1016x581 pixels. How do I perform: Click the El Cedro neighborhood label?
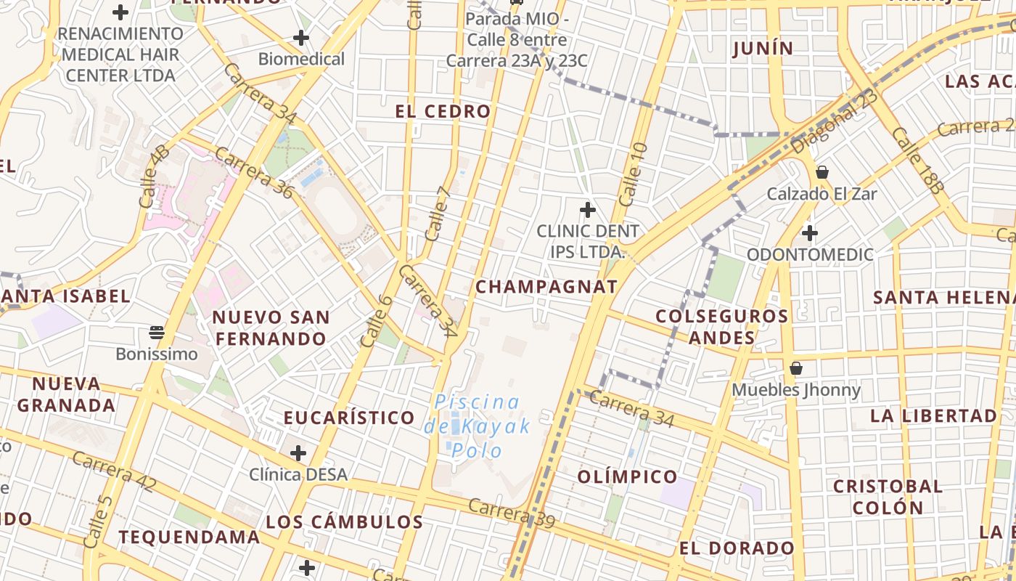pos(443,111)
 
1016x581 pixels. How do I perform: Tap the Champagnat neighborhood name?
pos(546,287)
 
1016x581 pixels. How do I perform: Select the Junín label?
pos(763,49)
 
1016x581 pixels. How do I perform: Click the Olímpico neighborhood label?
pos(628,477)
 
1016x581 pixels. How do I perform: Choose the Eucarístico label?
pos(349,418)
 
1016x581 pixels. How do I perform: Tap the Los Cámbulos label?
pos(344,522)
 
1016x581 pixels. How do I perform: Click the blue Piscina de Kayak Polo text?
pos(478,426)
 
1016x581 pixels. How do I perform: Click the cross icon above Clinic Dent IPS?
pos(588,211)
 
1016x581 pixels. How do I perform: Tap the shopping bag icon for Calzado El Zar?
pos(822,172)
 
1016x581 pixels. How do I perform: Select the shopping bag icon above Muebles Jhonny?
pos(796,368)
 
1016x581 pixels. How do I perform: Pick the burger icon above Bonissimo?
pos(157,333)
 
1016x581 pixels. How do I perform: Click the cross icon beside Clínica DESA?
pos(298,454)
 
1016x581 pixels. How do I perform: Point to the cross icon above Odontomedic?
pos(810,233)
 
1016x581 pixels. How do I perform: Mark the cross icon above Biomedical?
pos(301,38)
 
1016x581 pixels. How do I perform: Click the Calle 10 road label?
pos(633,174)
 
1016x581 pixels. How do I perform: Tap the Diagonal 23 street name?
pos(835,121)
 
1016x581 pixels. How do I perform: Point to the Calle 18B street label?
pos(918,161)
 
